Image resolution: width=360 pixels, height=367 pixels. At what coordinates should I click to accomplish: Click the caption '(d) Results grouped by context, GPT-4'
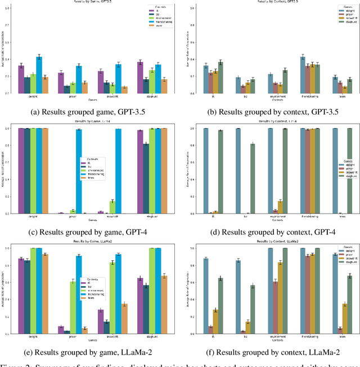coord(270,232)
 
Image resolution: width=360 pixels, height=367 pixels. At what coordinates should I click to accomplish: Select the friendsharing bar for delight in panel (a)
coord(39,74)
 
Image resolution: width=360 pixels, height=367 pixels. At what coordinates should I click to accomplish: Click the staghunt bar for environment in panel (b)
coord(285,81)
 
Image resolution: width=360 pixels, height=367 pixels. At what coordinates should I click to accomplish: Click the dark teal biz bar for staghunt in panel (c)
coord(146,178)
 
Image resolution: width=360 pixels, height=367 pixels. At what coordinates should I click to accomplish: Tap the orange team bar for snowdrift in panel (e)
coord(124,319)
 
